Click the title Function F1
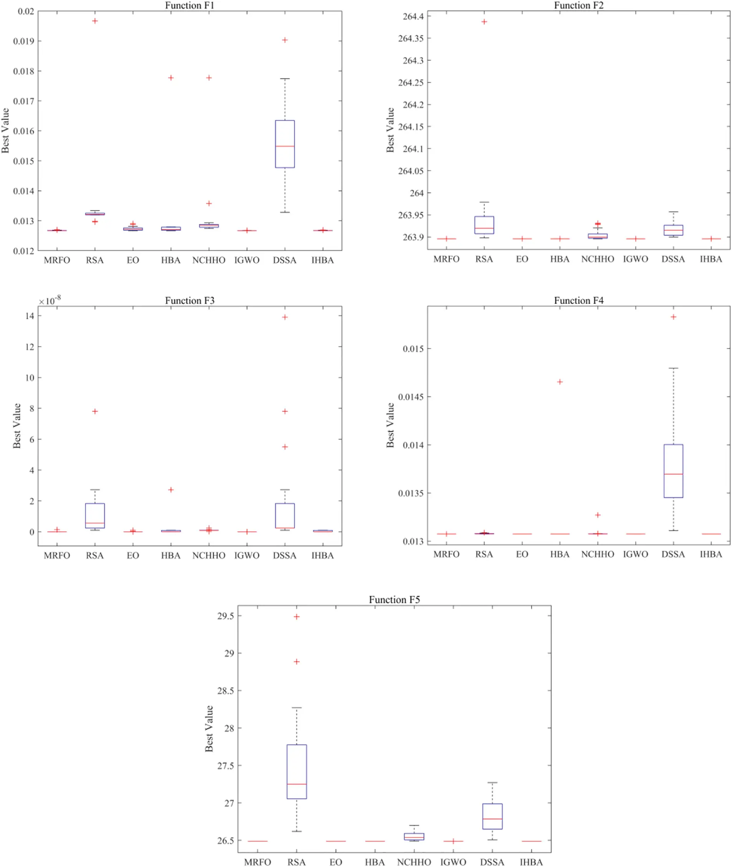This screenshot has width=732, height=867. tap(190, 5)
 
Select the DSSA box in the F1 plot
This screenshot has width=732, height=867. tap(285, 144)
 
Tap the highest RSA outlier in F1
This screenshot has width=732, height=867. tap(95, 21)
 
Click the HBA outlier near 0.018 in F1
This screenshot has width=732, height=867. tap(171, 78)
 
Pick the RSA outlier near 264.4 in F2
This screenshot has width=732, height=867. tap(484, 22)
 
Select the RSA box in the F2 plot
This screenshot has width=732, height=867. tap(484, 225)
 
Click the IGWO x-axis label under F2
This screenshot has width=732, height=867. tap(635, 259)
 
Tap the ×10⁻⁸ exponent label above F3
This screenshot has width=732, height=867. tap(50, 301)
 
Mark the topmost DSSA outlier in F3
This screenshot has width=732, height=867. tap(285, 317)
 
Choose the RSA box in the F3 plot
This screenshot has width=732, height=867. tap(95, 515)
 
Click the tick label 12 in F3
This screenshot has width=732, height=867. tap(30, 347)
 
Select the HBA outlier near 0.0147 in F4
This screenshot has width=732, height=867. tap(560, 382)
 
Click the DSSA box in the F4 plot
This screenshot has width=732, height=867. tap(673, 471)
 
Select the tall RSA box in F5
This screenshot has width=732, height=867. tap(297, 771)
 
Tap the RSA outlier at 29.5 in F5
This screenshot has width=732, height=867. tap(297, 617)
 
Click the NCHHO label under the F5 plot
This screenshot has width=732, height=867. tap(414, 862)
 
